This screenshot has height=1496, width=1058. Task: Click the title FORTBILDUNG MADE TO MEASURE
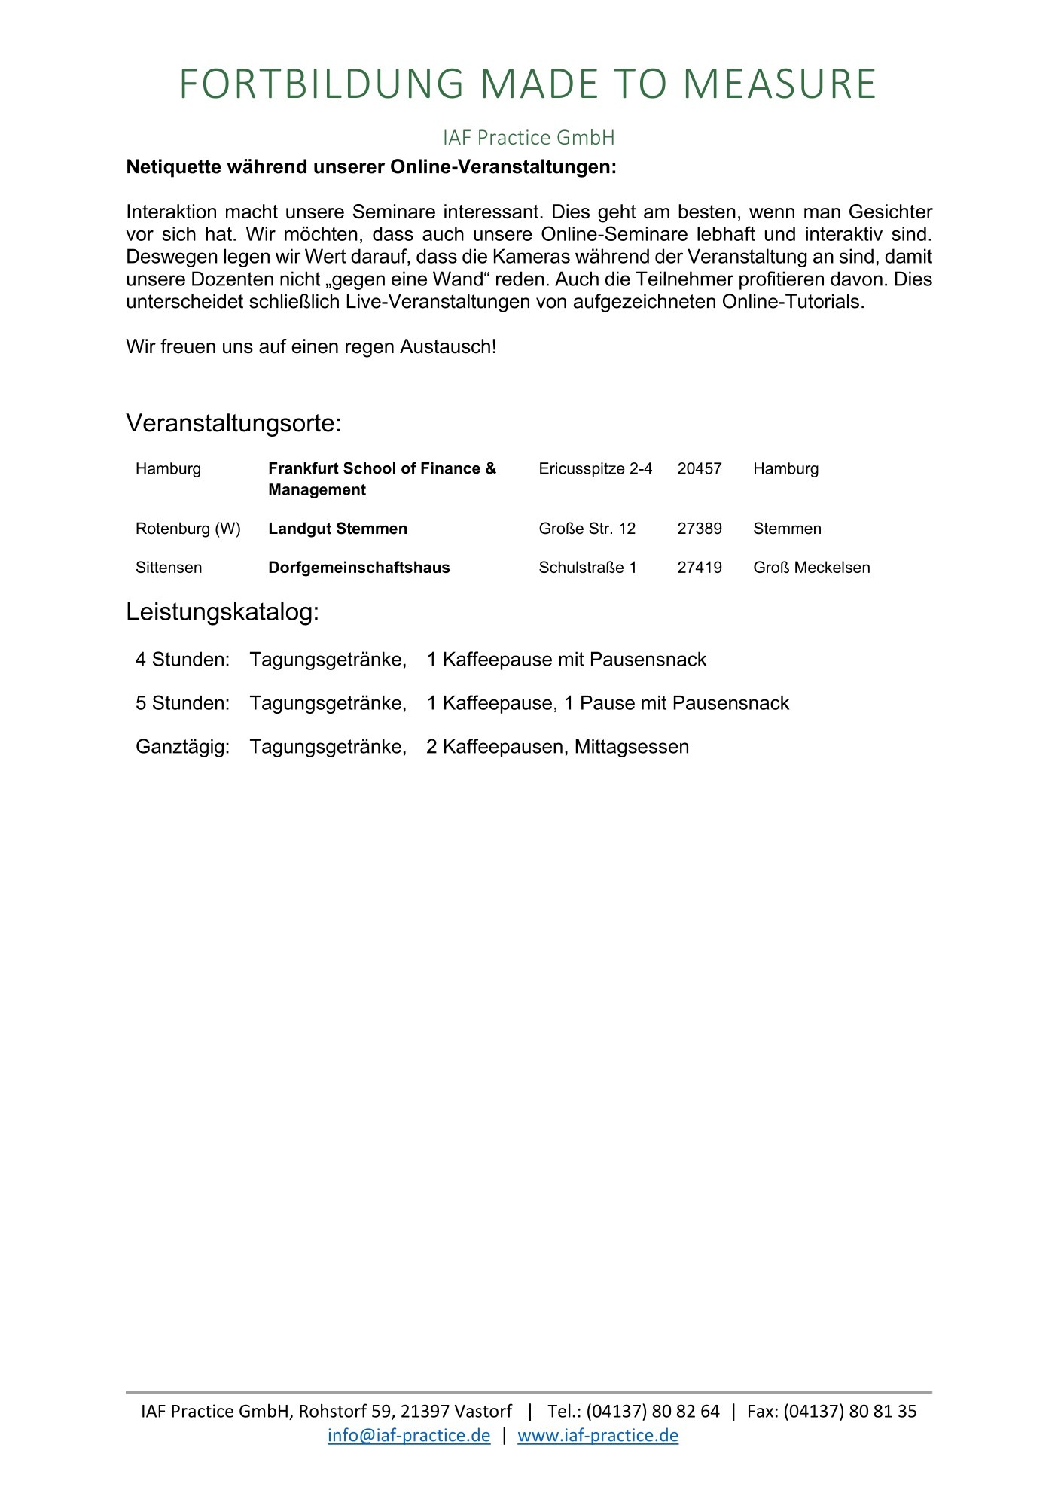pyautogui.click(x=528, y=84)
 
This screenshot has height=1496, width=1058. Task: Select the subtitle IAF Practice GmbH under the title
pyautogui.click(x=529, y=138)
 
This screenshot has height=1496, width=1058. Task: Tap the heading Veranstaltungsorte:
pyautogui.click(x=233, y=423)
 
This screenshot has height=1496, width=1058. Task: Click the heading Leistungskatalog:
pyautogui.click(x=222, y=612)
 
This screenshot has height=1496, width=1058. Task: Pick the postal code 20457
pyautogui.click(x=699, y=469)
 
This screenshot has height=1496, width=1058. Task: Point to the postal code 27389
pyautogui.click(x=699, y=529)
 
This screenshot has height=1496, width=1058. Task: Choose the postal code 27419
pyautogui.click(x=699, y=568)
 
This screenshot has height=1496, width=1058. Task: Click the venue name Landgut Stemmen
pyautogui.click(x=337, y=529)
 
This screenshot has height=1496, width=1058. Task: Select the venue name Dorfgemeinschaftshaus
pyautogui.click(x=358, y=568)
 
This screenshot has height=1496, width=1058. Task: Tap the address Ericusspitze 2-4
pyautogui.click(x=595, y=469)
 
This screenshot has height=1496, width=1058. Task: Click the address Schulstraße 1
pyautogui.click(x=587, y=568)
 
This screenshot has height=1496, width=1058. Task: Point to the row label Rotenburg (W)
pyautogui.click(x=188, y=529)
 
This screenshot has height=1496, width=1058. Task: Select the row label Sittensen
pyautogui.click(x=169, y=568)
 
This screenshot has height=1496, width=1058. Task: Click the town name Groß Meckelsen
pyautogui.click(x=811, y=568)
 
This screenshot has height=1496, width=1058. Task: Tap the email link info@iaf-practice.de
pyautogui.click(x=408, y=1435)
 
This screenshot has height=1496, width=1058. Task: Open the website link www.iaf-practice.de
pyautogui.click(x=597, y=1435)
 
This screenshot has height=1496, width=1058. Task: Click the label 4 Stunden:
pyautogui.click(x=182, y=660)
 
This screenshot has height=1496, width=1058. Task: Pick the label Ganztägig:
pyautogui.click(x=182, y=747)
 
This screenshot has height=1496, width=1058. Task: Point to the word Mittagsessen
pyautogui.click(x=631, y=747)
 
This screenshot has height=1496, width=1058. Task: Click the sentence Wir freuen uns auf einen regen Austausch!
pyautogui.click(x=311, y=347)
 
